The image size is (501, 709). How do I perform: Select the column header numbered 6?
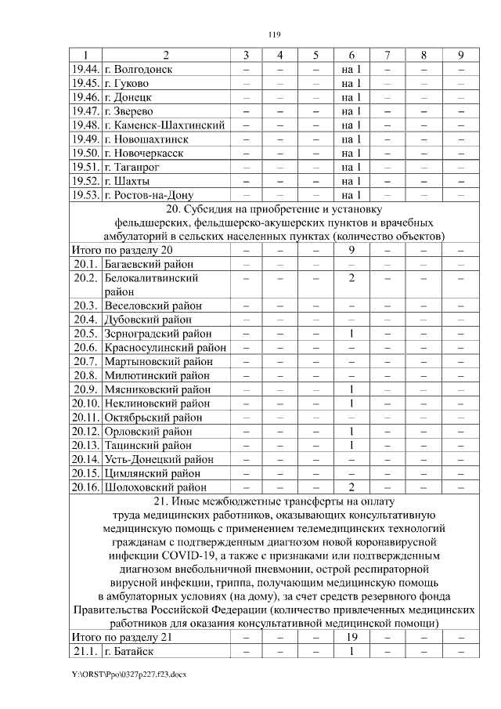tap(351, 55)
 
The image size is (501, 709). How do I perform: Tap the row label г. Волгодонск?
tap(143, 69)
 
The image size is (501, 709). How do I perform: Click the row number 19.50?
tap(85, 153)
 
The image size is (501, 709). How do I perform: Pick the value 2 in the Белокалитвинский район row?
tap(351, 278)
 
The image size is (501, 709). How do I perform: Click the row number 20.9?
tap(85, 389)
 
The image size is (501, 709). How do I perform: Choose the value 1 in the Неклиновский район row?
tap(351, 403)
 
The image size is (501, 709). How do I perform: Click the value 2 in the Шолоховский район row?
tap(351, 487)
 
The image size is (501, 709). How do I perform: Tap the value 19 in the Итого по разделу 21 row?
tap(351, 638)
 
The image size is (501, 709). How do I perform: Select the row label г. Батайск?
tap(130, 652)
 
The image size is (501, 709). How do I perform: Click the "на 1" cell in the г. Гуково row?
tap(351, 83)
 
